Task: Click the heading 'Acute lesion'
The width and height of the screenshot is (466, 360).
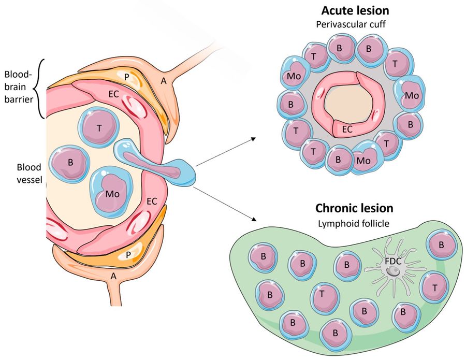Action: pyautogui.click(x=355, y=10)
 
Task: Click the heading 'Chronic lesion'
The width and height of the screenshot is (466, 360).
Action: pyautogui.click(x=354, y=208)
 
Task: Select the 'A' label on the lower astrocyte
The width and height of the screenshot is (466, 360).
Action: pyautogui.click(x=113, y=276)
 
